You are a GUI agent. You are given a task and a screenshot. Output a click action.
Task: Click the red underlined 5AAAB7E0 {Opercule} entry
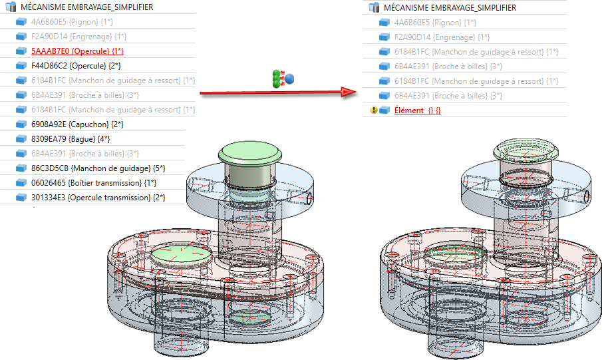point(77,51)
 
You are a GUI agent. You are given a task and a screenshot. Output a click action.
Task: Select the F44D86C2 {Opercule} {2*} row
point(76,66)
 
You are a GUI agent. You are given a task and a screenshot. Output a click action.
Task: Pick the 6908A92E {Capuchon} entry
point(77,124)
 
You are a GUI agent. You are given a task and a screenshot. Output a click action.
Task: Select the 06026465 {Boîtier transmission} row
point(94,183)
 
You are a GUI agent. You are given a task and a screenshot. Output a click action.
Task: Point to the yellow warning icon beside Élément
point(374,110)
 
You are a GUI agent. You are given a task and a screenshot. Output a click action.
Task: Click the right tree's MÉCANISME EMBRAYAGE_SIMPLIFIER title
point(450,8)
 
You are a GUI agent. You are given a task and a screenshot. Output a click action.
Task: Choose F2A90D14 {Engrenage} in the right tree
point(442,37)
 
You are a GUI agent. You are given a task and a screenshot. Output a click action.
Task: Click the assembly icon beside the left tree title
point(11,7)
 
